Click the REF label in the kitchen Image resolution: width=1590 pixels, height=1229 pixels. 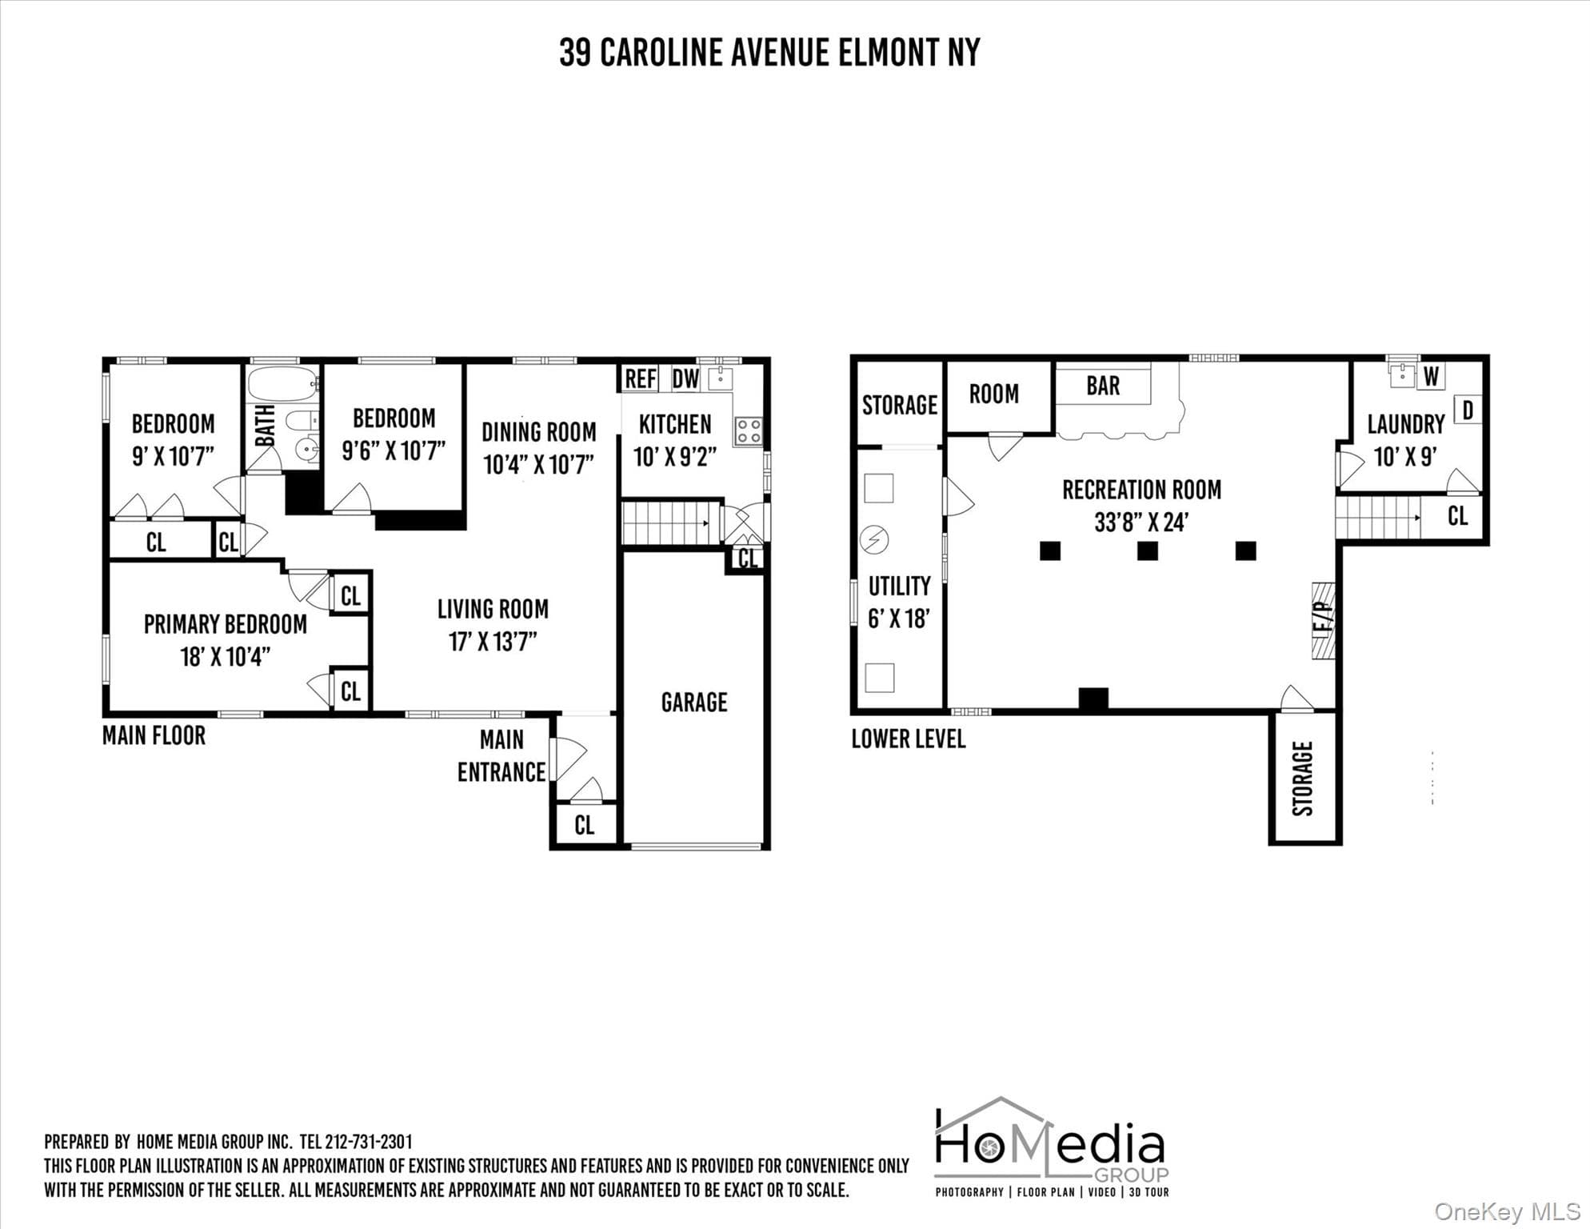(x=641, y=379)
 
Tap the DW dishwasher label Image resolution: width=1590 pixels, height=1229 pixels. (x=685, y=379)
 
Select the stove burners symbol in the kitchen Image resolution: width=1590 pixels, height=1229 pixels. (x=748, y=431)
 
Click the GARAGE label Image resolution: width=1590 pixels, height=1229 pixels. (x=694, y=703)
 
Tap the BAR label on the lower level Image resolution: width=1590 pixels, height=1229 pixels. (x=1103, y=386)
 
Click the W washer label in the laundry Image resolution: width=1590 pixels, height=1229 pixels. (x=1432, y=376)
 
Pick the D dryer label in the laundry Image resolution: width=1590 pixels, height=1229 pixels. (x=1468, y=410)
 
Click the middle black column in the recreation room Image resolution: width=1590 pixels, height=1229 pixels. (x=1148, y=550)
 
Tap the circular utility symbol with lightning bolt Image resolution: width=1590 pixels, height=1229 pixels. (x=873, y=540)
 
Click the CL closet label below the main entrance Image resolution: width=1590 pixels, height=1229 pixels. (x=585, y=825)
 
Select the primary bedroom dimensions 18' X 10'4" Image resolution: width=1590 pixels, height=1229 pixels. (x=226, y=657)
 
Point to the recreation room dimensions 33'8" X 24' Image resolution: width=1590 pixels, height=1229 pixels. (x=1141, y=522)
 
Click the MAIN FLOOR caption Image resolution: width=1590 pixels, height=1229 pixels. (x=154, y=735)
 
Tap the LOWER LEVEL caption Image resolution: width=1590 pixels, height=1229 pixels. (x=909, y=739)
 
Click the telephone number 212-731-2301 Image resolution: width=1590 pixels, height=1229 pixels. (x=368, y=1142)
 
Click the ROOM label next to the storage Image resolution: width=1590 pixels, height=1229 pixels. (x=994, y=394)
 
